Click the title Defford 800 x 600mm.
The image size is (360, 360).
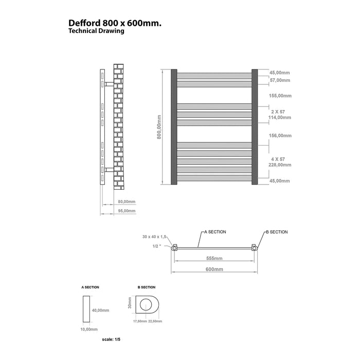coord(115,23)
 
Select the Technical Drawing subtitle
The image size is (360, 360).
coord(96,31)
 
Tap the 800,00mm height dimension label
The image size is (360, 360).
coord(159,127)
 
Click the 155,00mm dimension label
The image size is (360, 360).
coord(280,96)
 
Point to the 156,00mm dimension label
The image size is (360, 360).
coord(280,136)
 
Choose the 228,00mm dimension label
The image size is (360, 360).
coord(280,165)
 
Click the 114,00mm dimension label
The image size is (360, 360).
coord(280,118)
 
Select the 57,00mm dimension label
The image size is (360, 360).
coord(280,80)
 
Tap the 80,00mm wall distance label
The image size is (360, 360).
coord(127,202)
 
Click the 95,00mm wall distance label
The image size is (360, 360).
coord(127,211)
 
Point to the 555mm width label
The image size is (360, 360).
coord(214,258)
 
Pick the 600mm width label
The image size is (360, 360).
coord(214,269)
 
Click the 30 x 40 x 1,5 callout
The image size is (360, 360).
coord(154,237)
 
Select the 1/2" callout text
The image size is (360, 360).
coord(157,246)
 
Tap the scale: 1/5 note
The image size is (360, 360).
coord(111,339)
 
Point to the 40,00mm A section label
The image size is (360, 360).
coord(101,311)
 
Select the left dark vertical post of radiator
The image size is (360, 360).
coord(174,127)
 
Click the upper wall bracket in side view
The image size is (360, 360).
coord(109,84)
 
